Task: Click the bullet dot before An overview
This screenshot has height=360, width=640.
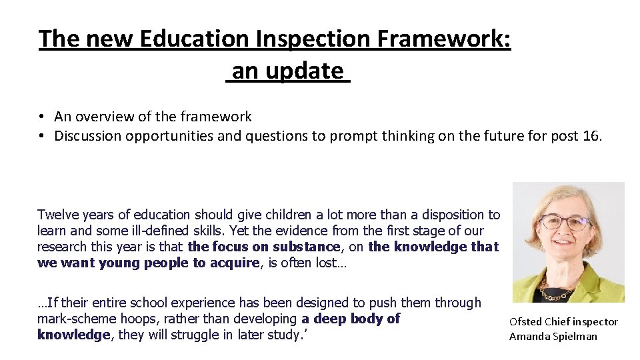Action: (x=41, y=117)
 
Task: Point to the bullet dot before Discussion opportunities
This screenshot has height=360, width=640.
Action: (x=41, y=137)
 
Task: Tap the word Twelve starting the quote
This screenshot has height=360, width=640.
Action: (x=57, y=215)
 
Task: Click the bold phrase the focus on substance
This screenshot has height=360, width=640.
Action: (x=263, y=247)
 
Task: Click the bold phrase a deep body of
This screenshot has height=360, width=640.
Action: (x=351, y=319)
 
